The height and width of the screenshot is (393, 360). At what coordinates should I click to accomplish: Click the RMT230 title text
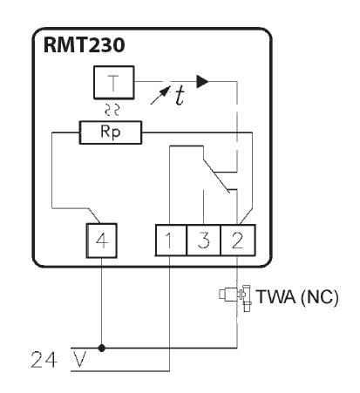click(x=84, y=45)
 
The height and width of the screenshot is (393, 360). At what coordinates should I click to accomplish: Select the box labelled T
click(x=113, y=83)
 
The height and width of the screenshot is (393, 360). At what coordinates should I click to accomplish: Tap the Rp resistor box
click(x=111, y=132)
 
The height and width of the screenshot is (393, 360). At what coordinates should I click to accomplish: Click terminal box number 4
click(x=101, y=241)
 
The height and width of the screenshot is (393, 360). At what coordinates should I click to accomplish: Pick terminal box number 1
click(x=171, y=241)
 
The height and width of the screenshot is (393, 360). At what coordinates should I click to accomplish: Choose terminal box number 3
click(x=203, y=241)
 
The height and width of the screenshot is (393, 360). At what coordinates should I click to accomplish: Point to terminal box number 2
click(x=238, y=241)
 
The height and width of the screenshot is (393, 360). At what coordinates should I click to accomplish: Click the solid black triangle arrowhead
click(x=202, y=81)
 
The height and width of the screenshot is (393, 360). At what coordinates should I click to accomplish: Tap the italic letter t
click(x=180, y=96)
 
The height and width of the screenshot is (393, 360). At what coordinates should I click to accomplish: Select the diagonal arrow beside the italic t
click(x=160, y=96)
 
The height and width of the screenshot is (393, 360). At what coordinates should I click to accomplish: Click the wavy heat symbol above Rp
click(x=112, y=110)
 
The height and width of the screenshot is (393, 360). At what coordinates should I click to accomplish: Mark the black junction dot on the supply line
click(x=101, y=348)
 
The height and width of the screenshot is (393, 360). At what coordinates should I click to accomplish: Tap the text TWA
click(x=276, y=296)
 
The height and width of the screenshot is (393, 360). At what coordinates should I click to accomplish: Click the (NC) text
click(x=320, y=297)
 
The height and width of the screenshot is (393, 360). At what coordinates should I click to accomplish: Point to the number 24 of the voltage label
click(x=44, y=360)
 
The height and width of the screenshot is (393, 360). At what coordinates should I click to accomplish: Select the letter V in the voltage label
click(x=79, y=360)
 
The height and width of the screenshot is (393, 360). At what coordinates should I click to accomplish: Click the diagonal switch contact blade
click(x=216, y=175)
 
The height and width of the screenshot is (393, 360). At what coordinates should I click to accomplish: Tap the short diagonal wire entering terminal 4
click(x=95, y=216)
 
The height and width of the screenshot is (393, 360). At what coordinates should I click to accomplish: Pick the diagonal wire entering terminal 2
click(x=246, y=216)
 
